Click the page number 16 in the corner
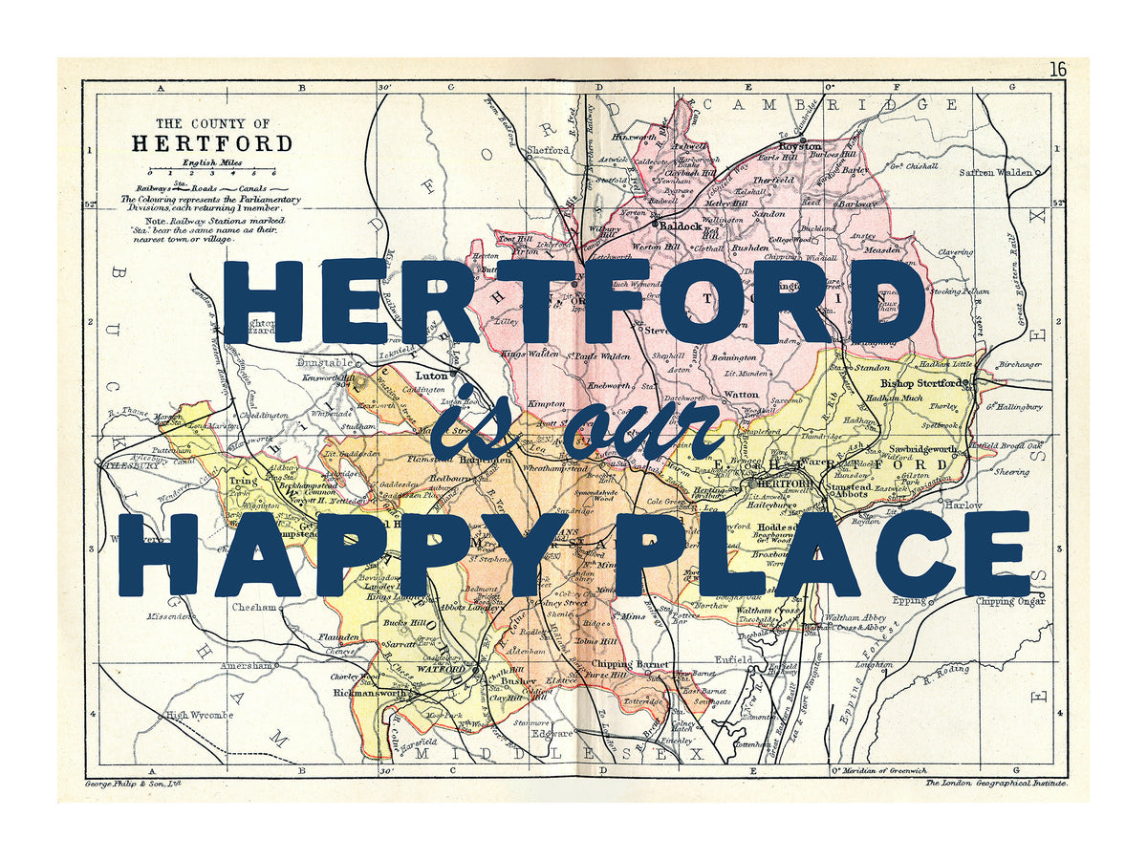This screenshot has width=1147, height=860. (1057, 70)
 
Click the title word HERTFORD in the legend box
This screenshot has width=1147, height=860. (212, 144)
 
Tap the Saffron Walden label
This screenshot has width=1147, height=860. (997, 172)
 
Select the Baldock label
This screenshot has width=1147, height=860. (681, 227)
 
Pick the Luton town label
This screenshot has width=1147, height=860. (431, 376)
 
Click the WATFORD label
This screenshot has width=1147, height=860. (440, 670)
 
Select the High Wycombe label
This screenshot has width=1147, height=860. (199, 715)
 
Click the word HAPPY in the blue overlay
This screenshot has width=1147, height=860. (335, 554)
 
